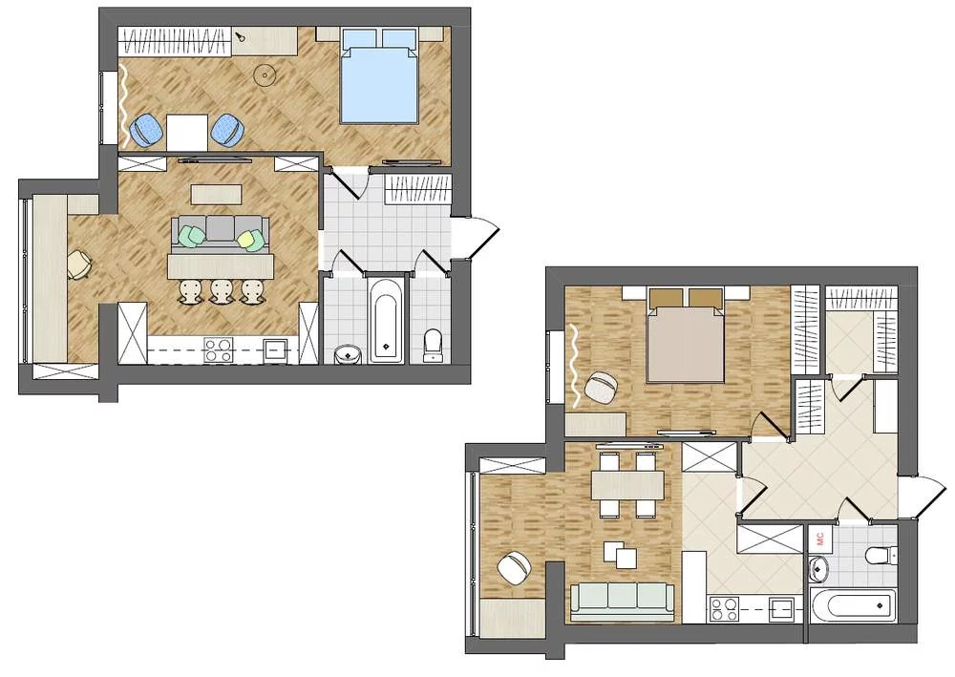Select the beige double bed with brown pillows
pyautogui.click(x=686, y=335)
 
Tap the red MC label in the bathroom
pyautogui.click(x=819, y=539)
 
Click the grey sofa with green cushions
pyautogui.click(x=220, y=234)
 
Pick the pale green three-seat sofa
pyautogui.click(x=623, y=602)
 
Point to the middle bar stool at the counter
pyautogui.click(x=222, y=291)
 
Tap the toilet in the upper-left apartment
pyautogui.click(x=433, y=346)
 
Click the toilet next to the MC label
pyautogui.click(x=881, y=555)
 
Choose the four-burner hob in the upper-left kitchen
pyautogui.click(x=218, y=350)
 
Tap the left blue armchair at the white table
pyautogui.click(x=146, y=130)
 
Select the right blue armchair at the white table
pyautogui.click(x=228, y=130)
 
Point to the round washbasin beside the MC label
pyautogui.click(x=819, y=569)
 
